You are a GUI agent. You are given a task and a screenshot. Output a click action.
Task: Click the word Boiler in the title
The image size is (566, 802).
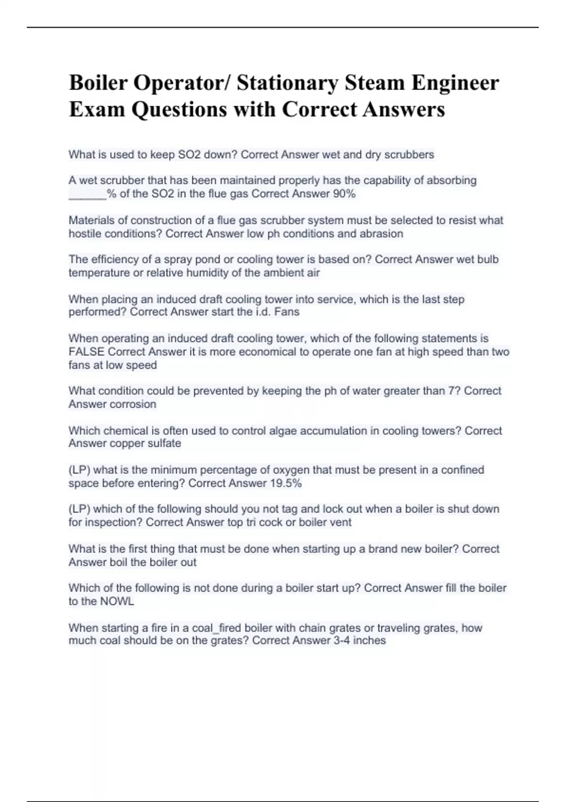98,83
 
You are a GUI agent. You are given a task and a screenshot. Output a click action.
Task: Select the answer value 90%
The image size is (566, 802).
344,194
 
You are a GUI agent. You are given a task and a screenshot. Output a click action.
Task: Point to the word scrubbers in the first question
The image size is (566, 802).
409,155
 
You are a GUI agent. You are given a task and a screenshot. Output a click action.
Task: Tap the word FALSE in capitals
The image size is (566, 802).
86,352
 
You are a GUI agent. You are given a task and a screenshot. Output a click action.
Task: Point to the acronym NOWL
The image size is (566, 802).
117,601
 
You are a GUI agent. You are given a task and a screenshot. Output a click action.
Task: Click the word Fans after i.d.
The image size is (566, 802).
287,312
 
